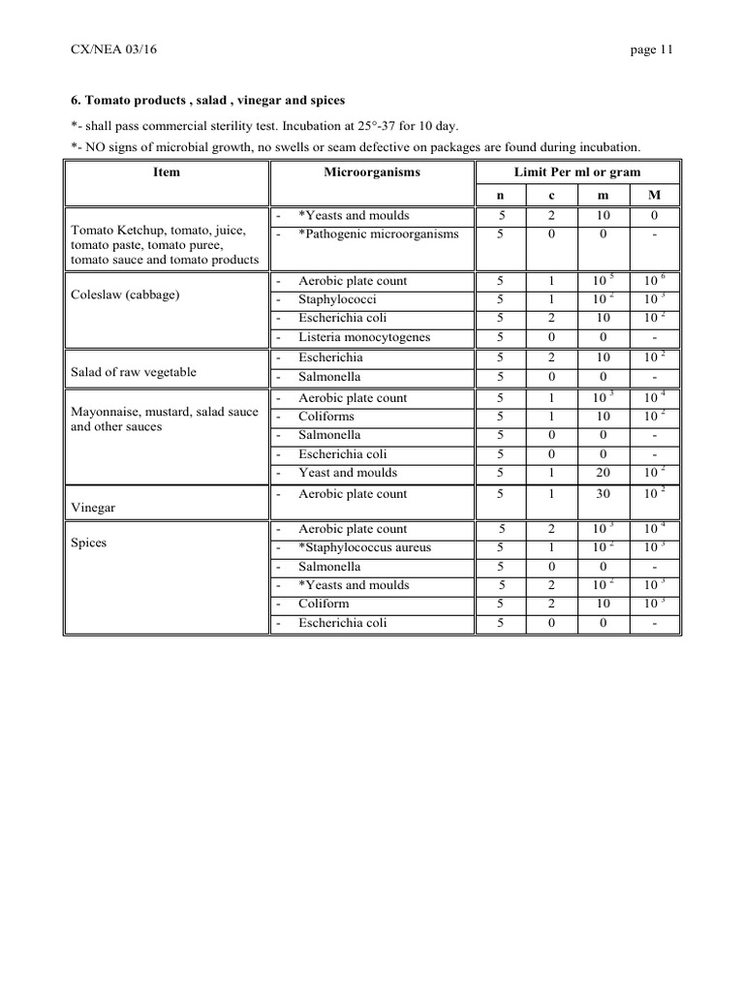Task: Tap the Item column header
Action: [167, 171]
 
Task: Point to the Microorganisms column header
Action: [372, 171]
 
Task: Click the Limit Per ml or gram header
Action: [579, 171]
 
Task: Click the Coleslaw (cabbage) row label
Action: [126, 294]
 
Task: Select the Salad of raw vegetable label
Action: [134, 372]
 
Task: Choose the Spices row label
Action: [89, 542]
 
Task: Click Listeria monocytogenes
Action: [364, 337]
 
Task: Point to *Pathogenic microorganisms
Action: [378, 233]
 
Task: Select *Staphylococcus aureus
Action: [364, 547]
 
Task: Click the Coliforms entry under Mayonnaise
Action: [326, 417]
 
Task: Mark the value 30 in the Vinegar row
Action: [603, 494]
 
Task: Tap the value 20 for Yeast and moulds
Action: [603, 473]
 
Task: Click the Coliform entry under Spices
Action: [324, 604]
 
